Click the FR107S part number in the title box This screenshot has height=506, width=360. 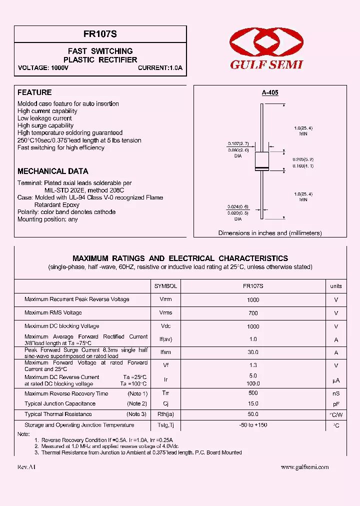tap(100, 34)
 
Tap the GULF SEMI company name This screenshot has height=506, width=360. tap(266, 64)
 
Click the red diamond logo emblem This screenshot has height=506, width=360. tap(266, 43)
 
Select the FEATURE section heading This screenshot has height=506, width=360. tap(34, 92)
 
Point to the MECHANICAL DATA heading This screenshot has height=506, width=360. tap(53, 171)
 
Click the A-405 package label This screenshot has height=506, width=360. tap(270, 92)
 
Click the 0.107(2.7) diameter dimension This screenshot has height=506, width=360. tap(238, 143)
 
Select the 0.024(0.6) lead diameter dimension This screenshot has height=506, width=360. tap(238, 206)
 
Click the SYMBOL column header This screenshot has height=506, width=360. tap(165, 286)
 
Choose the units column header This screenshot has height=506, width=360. tap(336, 286)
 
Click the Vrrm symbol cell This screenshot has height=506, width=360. tap(165, 299)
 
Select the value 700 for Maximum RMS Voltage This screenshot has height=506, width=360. tap(253, 313)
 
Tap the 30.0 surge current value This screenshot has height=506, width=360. tap(253, 352)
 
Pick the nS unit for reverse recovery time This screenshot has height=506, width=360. tap(336, 394)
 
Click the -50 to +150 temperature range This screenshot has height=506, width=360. tap(253, 425)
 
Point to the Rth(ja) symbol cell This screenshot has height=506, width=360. tap(165, 414)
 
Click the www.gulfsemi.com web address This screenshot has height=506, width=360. tap(304, 467)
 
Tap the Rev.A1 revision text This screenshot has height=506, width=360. tap(26, 467)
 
